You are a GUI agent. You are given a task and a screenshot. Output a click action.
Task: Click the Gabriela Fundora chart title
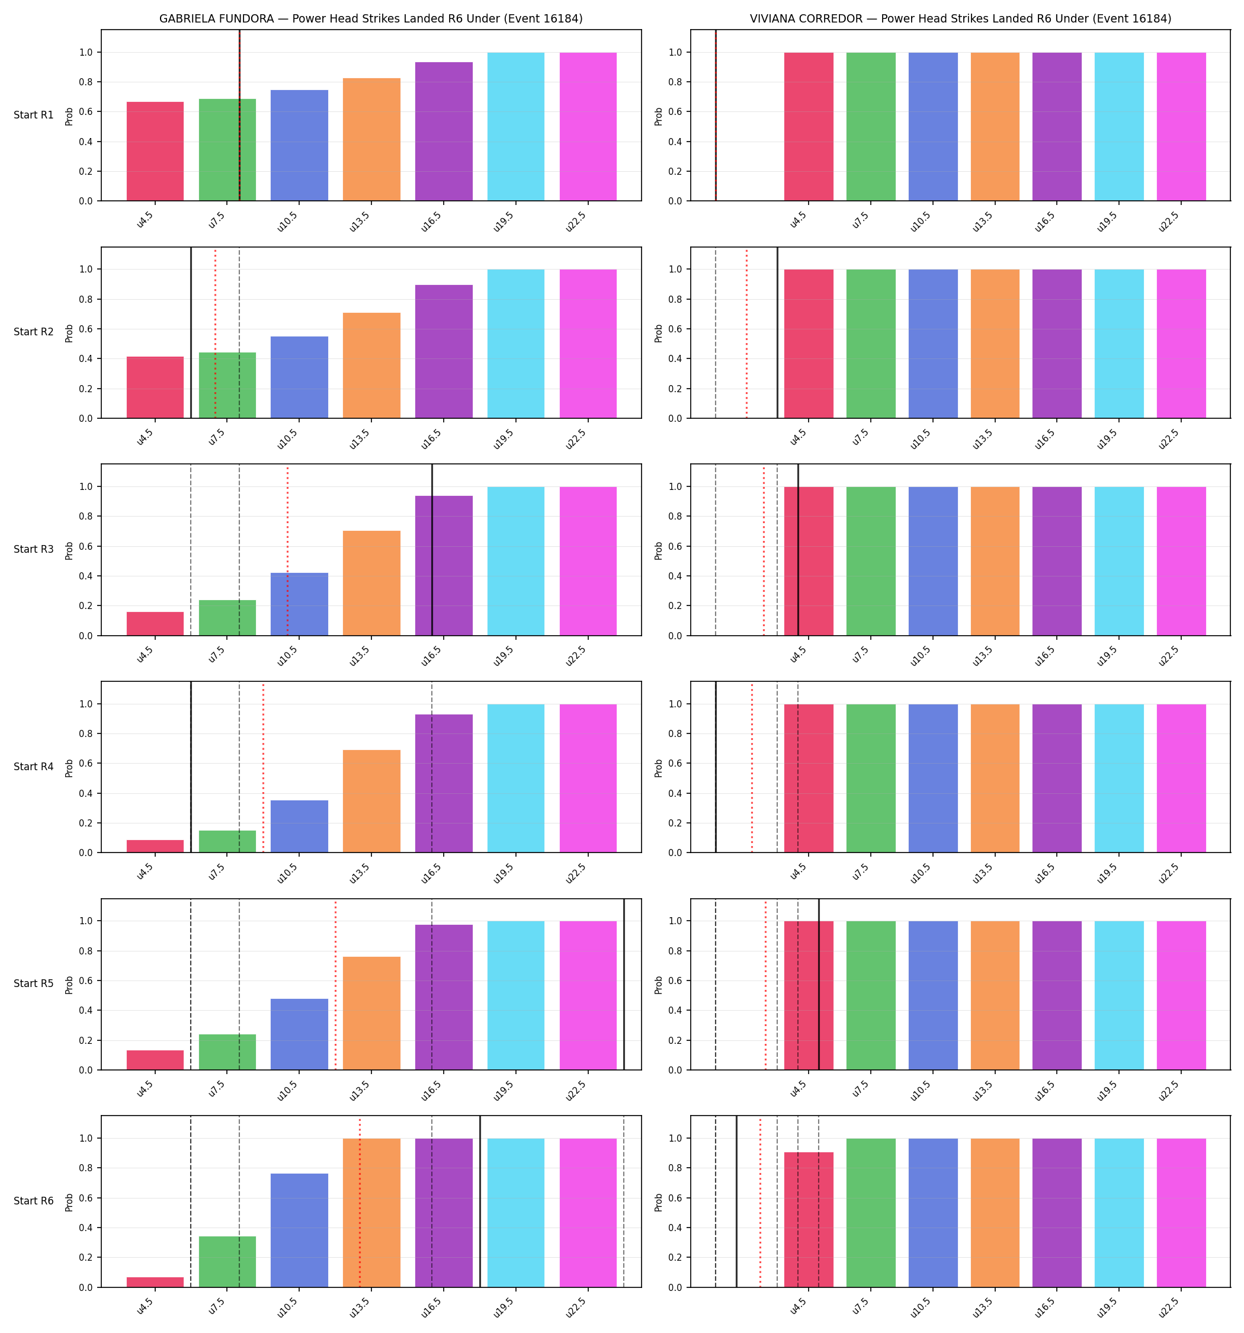click(x=371, y=19)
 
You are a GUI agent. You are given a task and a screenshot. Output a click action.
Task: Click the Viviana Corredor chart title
click(x=960, y=19)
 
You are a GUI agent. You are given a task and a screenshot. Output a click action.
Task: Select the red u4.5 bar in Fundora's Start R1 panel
click(x=155, y=152)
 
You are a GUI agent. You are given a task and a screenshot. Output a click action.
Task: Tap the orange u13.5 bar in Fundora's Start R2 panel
click(x=371, y=366)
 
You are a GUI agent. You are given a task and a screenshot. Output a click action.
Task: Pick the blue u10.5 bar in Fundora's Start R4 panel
click(x=299, y=826)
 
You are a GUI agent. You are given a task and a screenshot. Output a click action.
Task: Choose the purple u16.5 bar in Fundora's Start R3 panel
click(x=443, y=565)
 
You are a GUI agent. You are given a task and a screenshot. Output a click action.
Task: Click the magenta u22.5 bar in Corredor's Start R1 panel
click(x=1181, y=127)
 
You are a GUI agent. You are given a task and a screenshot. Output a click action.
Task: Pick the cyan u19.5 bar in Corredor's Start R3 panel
click(x=1119, y=561)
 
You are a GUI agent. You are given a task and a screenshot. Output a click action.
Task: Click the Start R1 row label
click(x=34, y=115)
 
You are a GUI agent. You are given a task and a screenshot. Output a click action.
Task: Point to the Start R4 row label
click(x=34, y=767)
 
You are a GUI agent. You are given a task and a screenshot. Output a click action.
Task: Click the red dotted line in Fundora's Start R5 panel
click(x=335, y=983)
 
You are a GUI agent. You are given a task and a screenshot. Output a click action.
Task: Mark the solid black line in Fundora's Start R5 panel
click(x=624, y=983)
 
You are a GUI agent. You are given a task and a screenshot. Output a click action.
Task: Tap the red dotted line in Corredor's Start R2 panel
click(x=746, y=332)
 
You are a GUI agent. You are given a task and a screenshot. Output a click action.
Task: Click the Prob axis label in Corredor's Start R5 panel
click(x=659, y=984)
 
